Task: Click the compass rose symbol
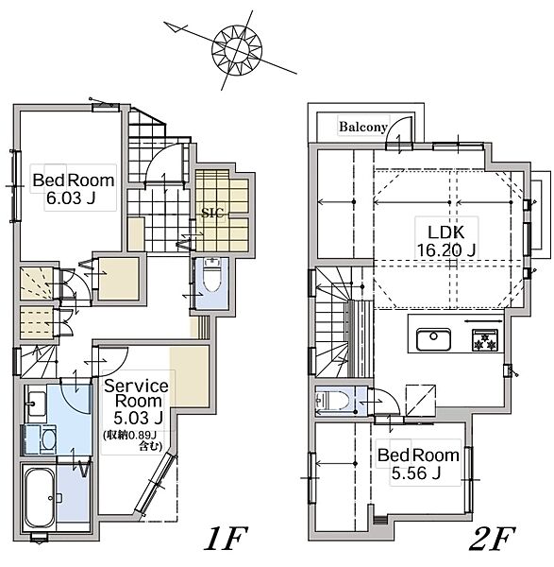pyautogui.click(x=237, y=49)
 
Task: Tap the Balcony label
pyautogui.click(x=363, y=127)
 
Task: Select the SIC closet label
pyautogui.click(x=212, y=213)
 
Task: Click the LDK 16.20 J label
pyautogui.click(x=446, y=241)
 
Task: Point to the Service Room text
pyautogui.click(x=136, y=393)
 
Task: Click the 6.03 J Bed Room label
pyautogui.click(x=74, y=189)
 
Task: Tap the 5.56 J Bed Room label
pyautogui.click(x=418, y=464)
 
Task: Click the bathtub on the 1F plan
pyautogui.click(x=39, y=498)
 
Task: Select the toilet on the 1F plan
pyautogui.click(x=211, y=274)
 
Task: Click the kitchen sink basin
pyautogui.click(x=433, y=339)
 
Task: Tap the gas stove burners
pyautogui.click(x=485, y=340)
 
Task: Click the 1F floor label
pyautogui.click(x=226, y=539)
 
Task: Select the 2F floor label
pyautogui.click(x=492, y=539)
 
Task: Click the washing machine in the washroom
pyautogui.click(x=40, y=439)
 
